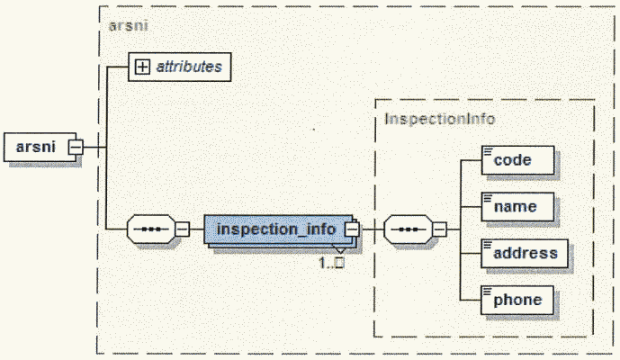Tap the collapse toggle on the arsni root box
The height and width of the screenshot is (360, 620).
(76, 146)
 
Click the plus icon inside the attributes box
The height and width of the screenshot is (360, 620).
(142, 66)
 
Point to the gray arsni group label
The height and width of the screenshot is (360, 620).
(128, 25)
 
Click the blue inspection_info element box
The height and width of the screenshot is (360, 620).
(275, 229)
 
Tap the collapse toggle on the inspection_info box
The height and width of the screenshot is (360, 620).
(352, 229)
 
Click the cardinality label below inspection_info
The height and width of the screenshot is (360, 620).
(333, 263)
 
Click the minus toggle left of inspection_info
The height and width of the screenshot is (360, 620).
(181, 229)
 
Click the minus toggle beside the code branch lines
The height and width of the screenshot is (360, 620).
(439, 229)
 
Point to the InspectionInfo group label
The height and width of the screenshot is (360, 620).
(440, 118)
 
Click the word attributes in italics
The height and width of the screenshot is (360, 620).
(188, 66)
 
